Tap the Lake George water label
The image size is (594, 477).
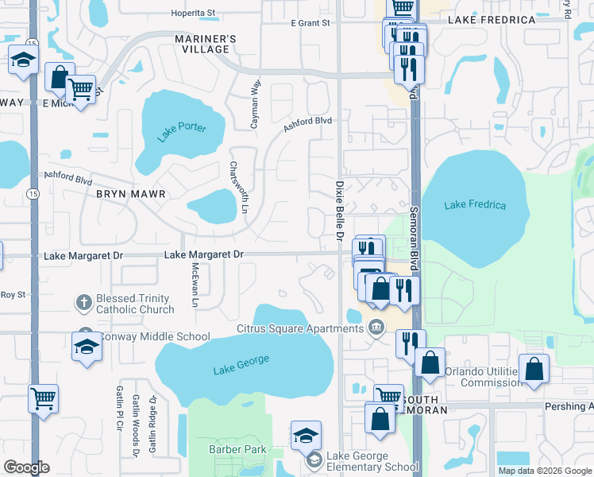(241, 365)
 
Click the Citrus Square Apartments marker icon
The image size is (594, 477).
(376, 328)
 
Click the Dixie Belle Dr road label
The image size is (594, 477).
(336, 211)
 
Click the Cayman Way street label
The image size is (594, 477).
(256, 99)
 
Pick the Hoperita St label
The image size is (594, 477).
(195, 14)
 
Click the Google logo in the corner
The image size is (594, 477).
(25, 467)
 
